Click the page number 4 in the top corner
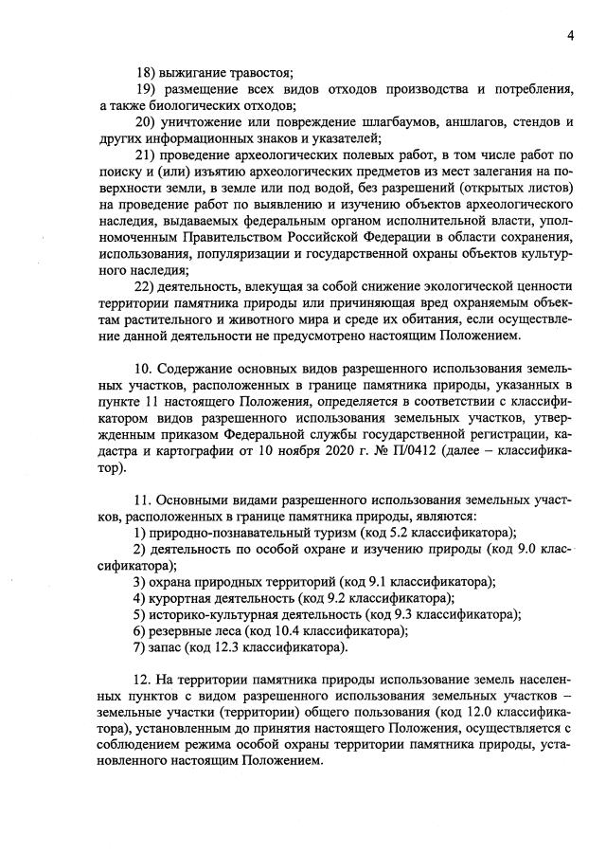(571, 36)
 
